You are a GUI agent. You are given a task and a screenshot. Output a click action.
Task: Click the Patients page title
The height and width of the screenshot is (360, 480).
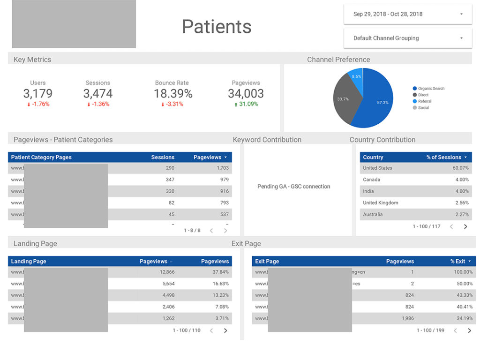coord(217,27)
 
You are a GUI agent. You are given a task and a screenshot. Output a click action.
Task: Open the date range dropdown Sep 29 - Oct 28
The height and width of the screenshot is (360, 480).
coord(407,14)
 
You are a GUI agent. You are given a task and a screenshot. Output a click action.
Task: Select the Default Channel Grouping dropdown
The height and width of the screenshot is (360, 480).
coord(407,38)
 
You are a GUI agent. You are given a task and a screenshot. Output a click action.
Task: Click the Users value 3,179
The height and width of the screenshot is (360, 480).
coord(38,93)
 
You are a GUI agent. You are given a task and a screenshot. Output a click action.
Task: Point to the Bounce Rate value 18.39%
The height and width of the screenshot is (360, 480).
coord(173,93)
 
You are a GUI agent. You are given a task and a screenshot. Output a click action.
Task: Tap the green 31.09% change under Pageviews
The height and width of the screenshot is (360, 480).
coord(246,104)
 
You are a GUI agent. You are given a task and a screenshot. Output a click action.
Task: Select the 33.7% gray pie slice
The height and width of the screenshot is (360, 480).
coord(345,99)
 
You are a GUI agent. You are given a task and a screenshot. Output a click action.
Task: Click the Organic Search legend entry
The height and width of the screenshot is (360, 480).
coord(431,89)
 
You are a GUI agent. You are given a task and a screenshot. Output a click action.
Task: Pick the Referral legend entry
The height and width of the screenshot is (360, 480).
coord(424,101)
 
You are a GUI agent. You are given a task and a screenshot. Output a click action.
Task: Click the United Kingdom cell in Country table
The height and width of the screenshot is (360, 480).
coord(381,203)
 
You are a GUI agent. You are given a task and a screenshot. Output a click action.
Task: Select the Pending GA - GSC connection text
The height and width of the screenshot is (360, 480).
coord(293,187)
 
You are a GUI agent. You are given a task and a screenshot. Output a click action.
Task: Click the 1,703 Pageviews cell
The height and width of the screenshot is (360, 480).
coord(222,168)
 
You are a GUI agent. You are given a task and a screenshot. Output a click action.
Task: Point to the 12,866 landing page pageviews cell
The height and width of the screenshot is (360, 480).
coord(167,272)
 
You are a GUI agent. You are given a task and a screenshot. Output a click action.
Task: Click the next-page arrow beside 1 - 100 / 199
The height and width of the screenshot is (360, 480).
coord(469,330)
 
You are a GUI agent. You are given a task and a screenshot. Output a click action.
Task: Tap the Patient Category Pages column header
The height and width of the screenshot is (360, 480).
coord(41,157)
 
